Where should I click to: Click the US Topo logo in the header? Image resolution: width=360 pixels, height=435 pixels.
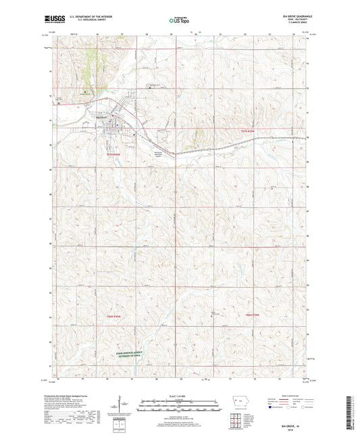coord(178,22)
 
